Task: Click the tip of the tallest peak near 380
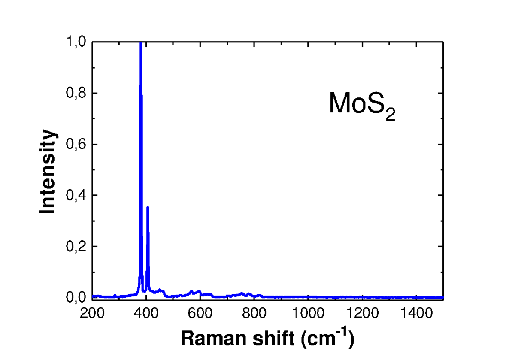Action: click(141, 43)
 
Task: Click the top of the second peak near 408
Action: click(148, 207)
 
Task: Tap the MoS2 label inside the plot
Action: click(361, 105)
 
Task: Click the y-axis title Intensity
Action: click(48, 172)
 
